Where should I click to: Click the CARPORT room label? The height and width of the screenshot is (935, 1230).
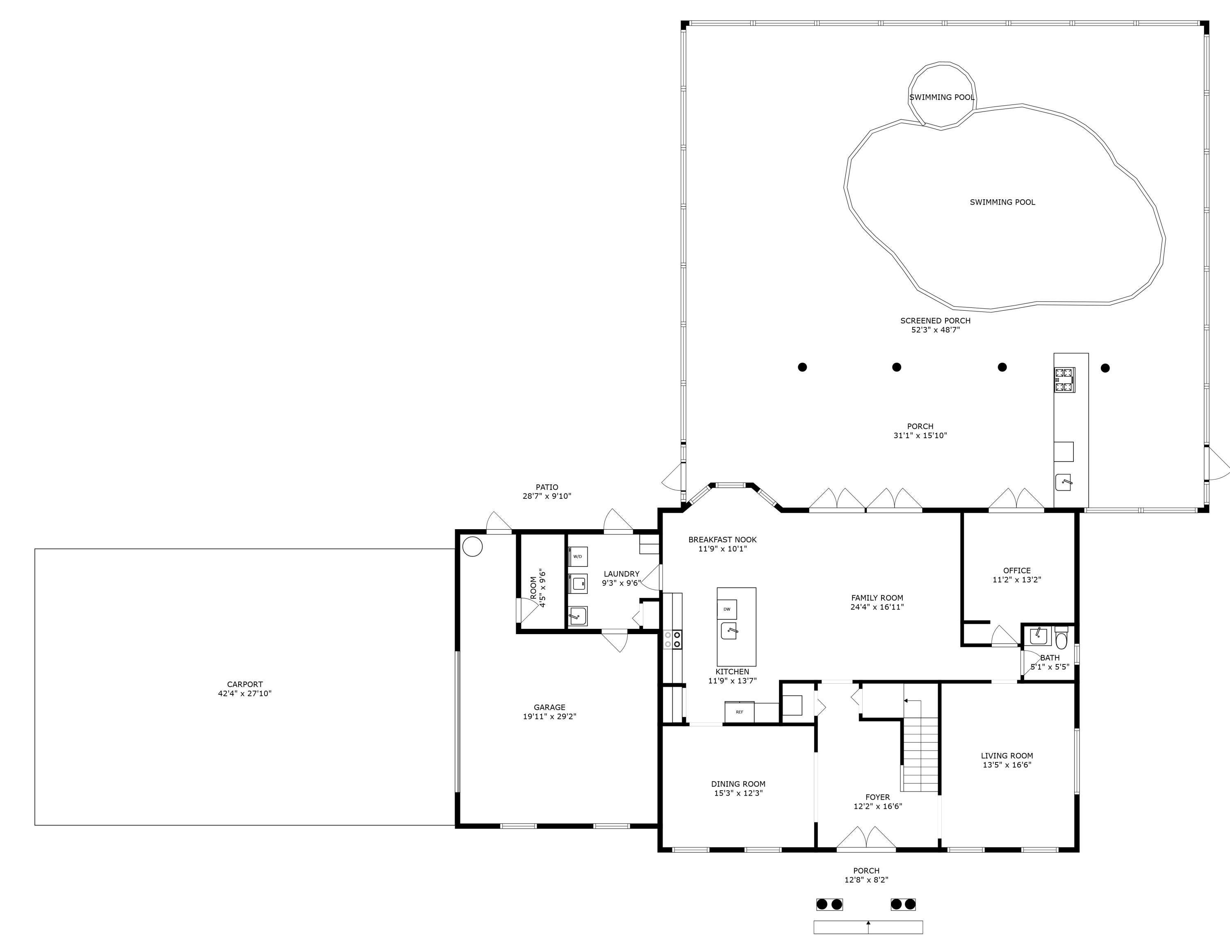pos(245,684)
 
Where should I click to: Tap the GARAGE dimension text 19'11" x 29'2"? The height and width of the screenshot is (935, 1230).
pos(549,716)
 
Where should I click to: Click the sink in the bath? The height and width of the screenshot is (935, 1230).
pos(1038,636)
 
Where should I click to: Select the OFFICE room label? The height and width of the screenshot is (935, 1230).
pos(1017,571)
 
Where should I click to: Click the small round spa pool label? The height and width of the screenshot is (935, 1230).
pos(942,98)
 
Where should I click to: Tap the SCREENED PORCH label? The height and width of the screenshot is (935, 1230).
pos(936,321)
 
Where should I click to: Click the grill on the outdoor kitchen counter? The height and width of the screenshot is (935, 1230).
pos(1064,380)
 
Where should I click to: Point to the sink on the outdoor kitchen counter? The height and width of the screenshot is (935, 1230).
pos(1064,482)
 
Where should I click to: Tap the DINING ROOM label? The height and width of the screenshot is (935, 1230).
pos(738,784)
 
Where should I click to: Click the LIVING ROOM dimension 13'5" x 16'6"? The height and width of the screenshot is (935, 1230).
pos(1007,765)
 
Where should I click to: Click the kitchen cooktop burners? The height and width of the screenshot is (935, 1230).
pos(672,639)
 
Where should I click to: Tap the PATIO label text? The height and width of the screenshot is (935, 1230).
pos(547,487)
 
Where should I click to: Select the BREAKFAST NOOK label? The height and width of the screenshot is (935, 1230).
pos(722,539)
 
